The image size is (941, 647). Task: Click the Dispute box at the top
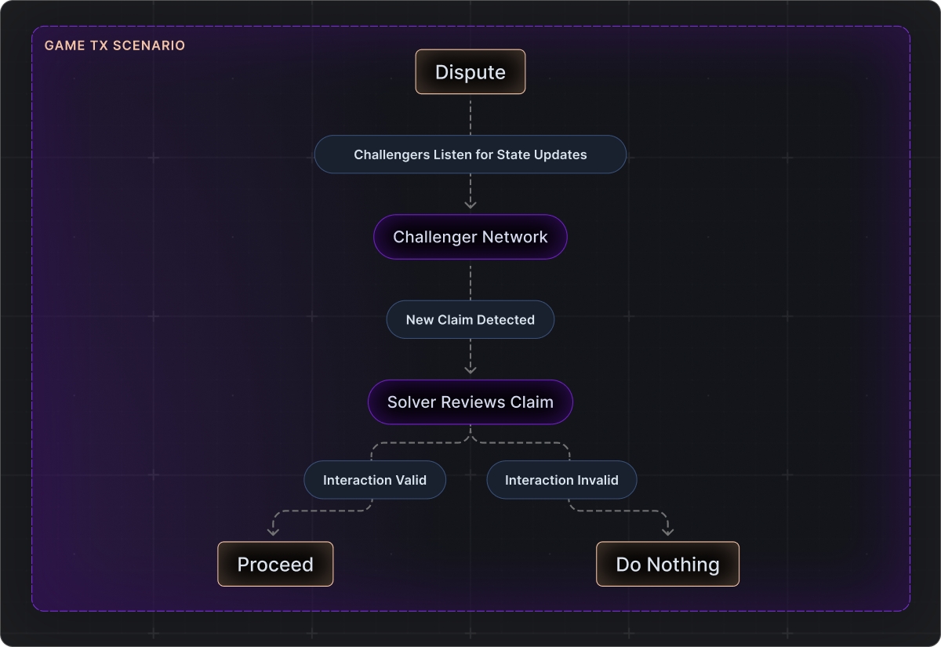tap(470, 72)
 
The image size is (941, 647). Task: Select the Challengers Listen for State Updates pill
tap(470, 154)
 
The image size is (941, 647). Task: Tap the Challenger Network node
tap(470, 237)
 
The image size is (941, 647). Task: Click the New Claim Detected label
tap(470, 320)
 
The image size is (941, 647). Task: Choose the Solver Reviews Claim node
tap(470, 402)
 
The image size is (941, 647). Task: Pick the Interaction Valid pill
tap(375, 480)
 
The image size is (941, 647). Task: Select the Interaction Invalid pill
tap(561, 480)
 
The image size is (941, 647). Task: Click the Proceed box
tap(275, 564)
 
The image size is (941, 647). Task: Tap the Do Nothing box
tap(667, 564)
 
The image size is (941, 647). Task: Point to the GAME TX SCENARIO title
tap(114, 45)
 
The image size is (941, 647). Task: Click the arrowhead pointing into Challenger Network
tap(470, 204)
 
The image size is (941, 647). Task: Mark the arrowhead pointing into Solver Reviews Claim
tap(470, 369)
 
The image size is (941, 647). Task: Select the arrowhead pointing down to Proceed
tap(273, 532)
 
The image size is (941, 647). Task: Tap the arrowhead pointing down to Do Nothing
tap(668, 532)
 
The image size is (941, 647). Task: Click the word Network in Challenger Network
tap(514, 237)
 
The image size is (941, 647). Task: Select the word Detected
tap(506, 320)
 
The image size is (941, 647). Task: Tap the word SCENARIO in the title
tap(149, 45)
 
